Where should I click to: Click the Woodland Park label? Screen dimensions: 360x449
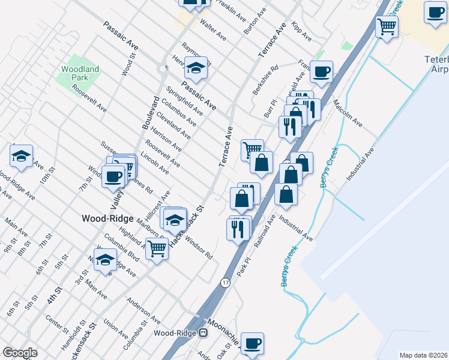tap(80, 74)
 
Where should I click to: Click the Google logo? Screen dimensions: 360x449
tap(20, 352)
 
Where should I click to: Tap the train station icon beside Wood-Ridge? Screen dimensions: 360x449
tap(203, 333)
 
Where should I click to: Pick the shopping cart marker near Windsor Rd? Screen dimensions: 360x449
tap(157, 247)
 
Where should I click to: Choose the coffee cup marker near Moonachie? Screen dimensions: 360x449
tap(253, 343)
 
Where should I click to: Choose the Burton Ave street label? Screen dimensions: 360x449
tap(254, 21)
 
